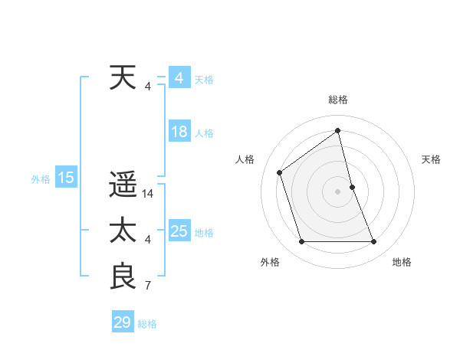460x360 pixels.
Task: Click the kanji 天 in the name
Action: tap(123, 78)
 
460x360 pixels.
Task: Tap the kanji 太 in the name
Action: tap(123, 231)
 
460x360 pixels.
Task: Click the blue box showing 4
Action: tap(179, 78)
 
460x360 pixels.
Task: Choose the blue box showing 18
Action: tap(179, 132)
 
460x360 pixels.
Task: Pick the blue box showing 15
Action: tap(66, 178)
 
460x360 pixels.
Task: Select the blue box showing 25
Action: tap(179, 231)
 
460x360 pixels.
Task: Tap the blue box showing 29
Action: tap(123, 322)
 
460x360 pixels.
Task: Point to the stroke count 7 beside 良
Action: tap(148, 286)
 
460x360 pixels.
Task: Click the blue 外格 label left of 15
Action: tap(41, 179)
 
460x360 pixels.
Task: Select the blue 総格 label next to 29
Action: tap(147, 324)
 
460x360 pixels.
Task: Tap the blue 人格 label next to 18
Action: tap(204, 133)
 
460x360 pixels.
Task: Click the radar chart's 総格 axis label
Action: tap(338, 100)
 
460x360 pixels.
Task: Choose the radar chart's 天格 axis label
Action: tap(431, 159)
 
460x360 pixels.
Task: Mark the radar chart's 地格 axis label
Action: tap(402, 262)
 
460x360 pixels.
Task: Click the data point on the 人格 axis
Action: tap(280, 172)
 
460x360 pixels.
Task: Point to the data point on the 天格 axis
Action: tap(352, 187)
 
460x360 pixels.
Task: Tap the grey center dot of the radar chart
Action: tap(338, 191)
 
